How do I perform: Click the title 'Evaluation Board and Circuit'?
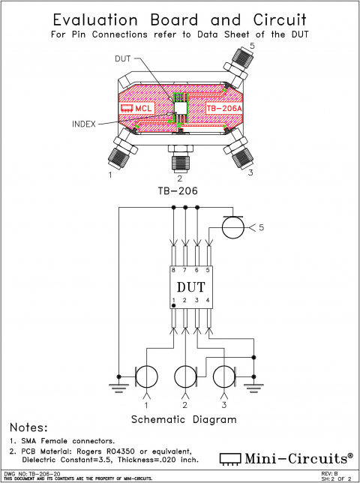pyautogui.click(x=180, y=19)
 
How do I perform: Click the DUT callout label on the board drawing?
pyautogui.click(x=123, y=58)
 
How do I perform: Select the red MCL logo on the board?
pyautogui.click(x=136, y=109)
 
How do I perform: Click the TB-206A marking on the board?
pyautogui.click(x=224, y=109)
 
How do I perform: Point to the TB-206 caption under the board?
pyautogui.click(x=179, y=192)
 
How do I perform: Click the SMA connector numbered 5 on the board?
pyautogui.click(x=241, y=64)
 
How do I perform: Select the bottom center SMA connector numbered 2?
pyautogui.click(x=179, y=158)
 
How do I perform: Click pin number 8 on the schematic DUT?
pyautogui.click(x=174, y=269)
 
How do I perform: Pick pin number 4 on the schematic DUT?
pyautogui.click(x=207, y=301)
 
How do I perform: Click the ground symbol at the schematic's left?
pyautogui.click(x=118, y=387)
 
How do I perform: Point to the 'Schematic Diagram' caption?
pyautogui.click(x=184, y=419)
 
